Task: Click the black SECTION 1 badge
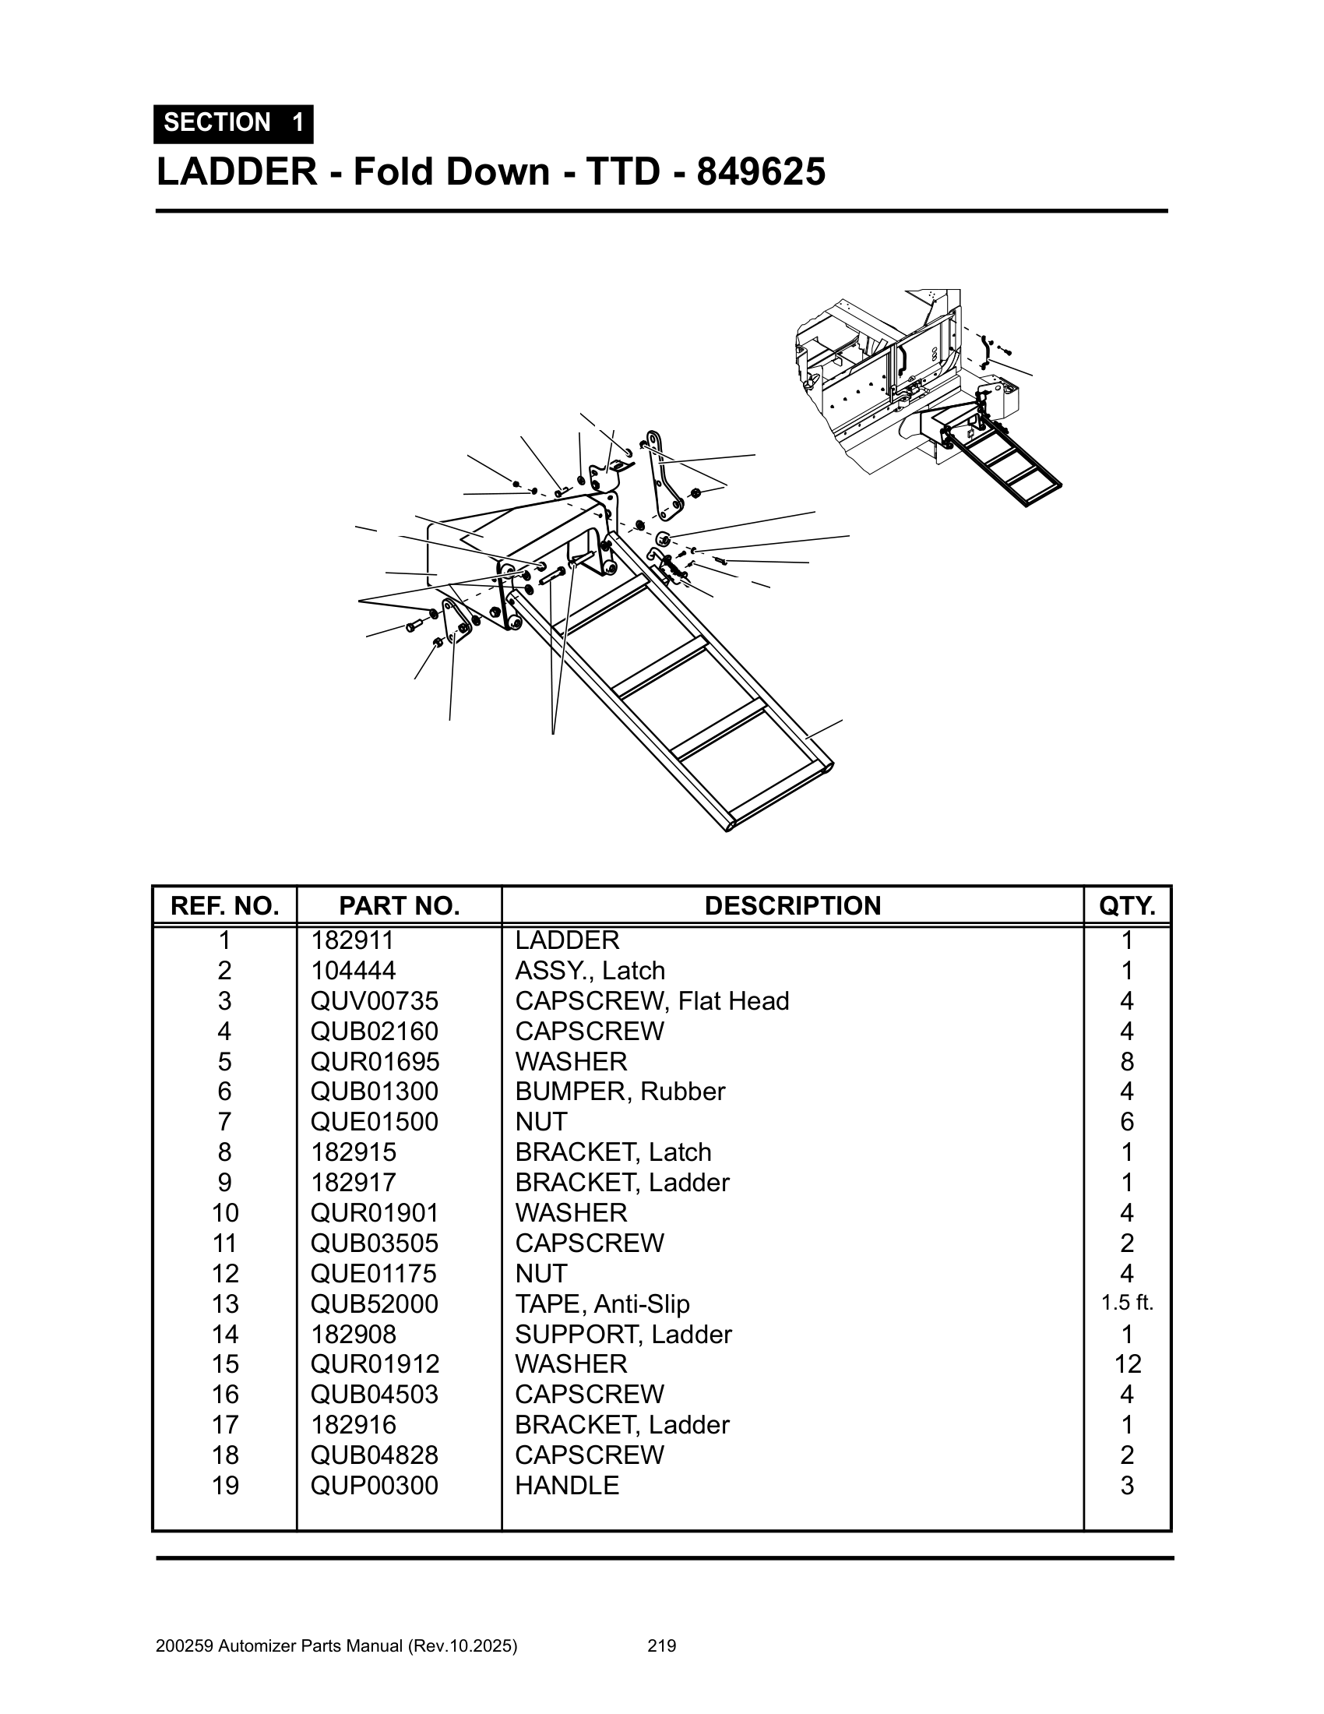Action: tap(233, 123)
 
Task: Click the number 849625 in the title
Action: tap(760, 172)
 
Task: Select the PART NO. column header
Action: tap(399, 905)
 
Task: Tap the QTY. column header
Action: tap(1126, 905)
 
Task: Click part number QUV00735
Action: tap(374, 1000)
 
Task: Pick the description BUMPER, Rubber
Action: tap(620, 1091)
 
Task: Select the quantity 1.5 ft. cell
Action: tap(1126, 1303)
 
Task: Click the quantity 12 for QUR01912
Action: tap(1126, 1363)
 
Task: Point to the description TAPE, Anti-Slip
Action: tap(601, 1303)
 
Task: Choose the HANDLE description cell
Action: tap(566, 1485)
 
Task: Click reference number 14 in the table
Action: tap(224, 1333)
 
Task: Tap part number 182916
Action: tap(353, 1424)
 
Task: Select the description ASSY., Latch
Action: tap(589, 971)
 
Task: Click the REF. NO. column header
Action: tap(224, 905)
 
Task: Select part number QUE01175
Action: tap(373, 1273)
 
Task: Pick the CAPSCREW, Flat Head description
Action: tap(651, 1000)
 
